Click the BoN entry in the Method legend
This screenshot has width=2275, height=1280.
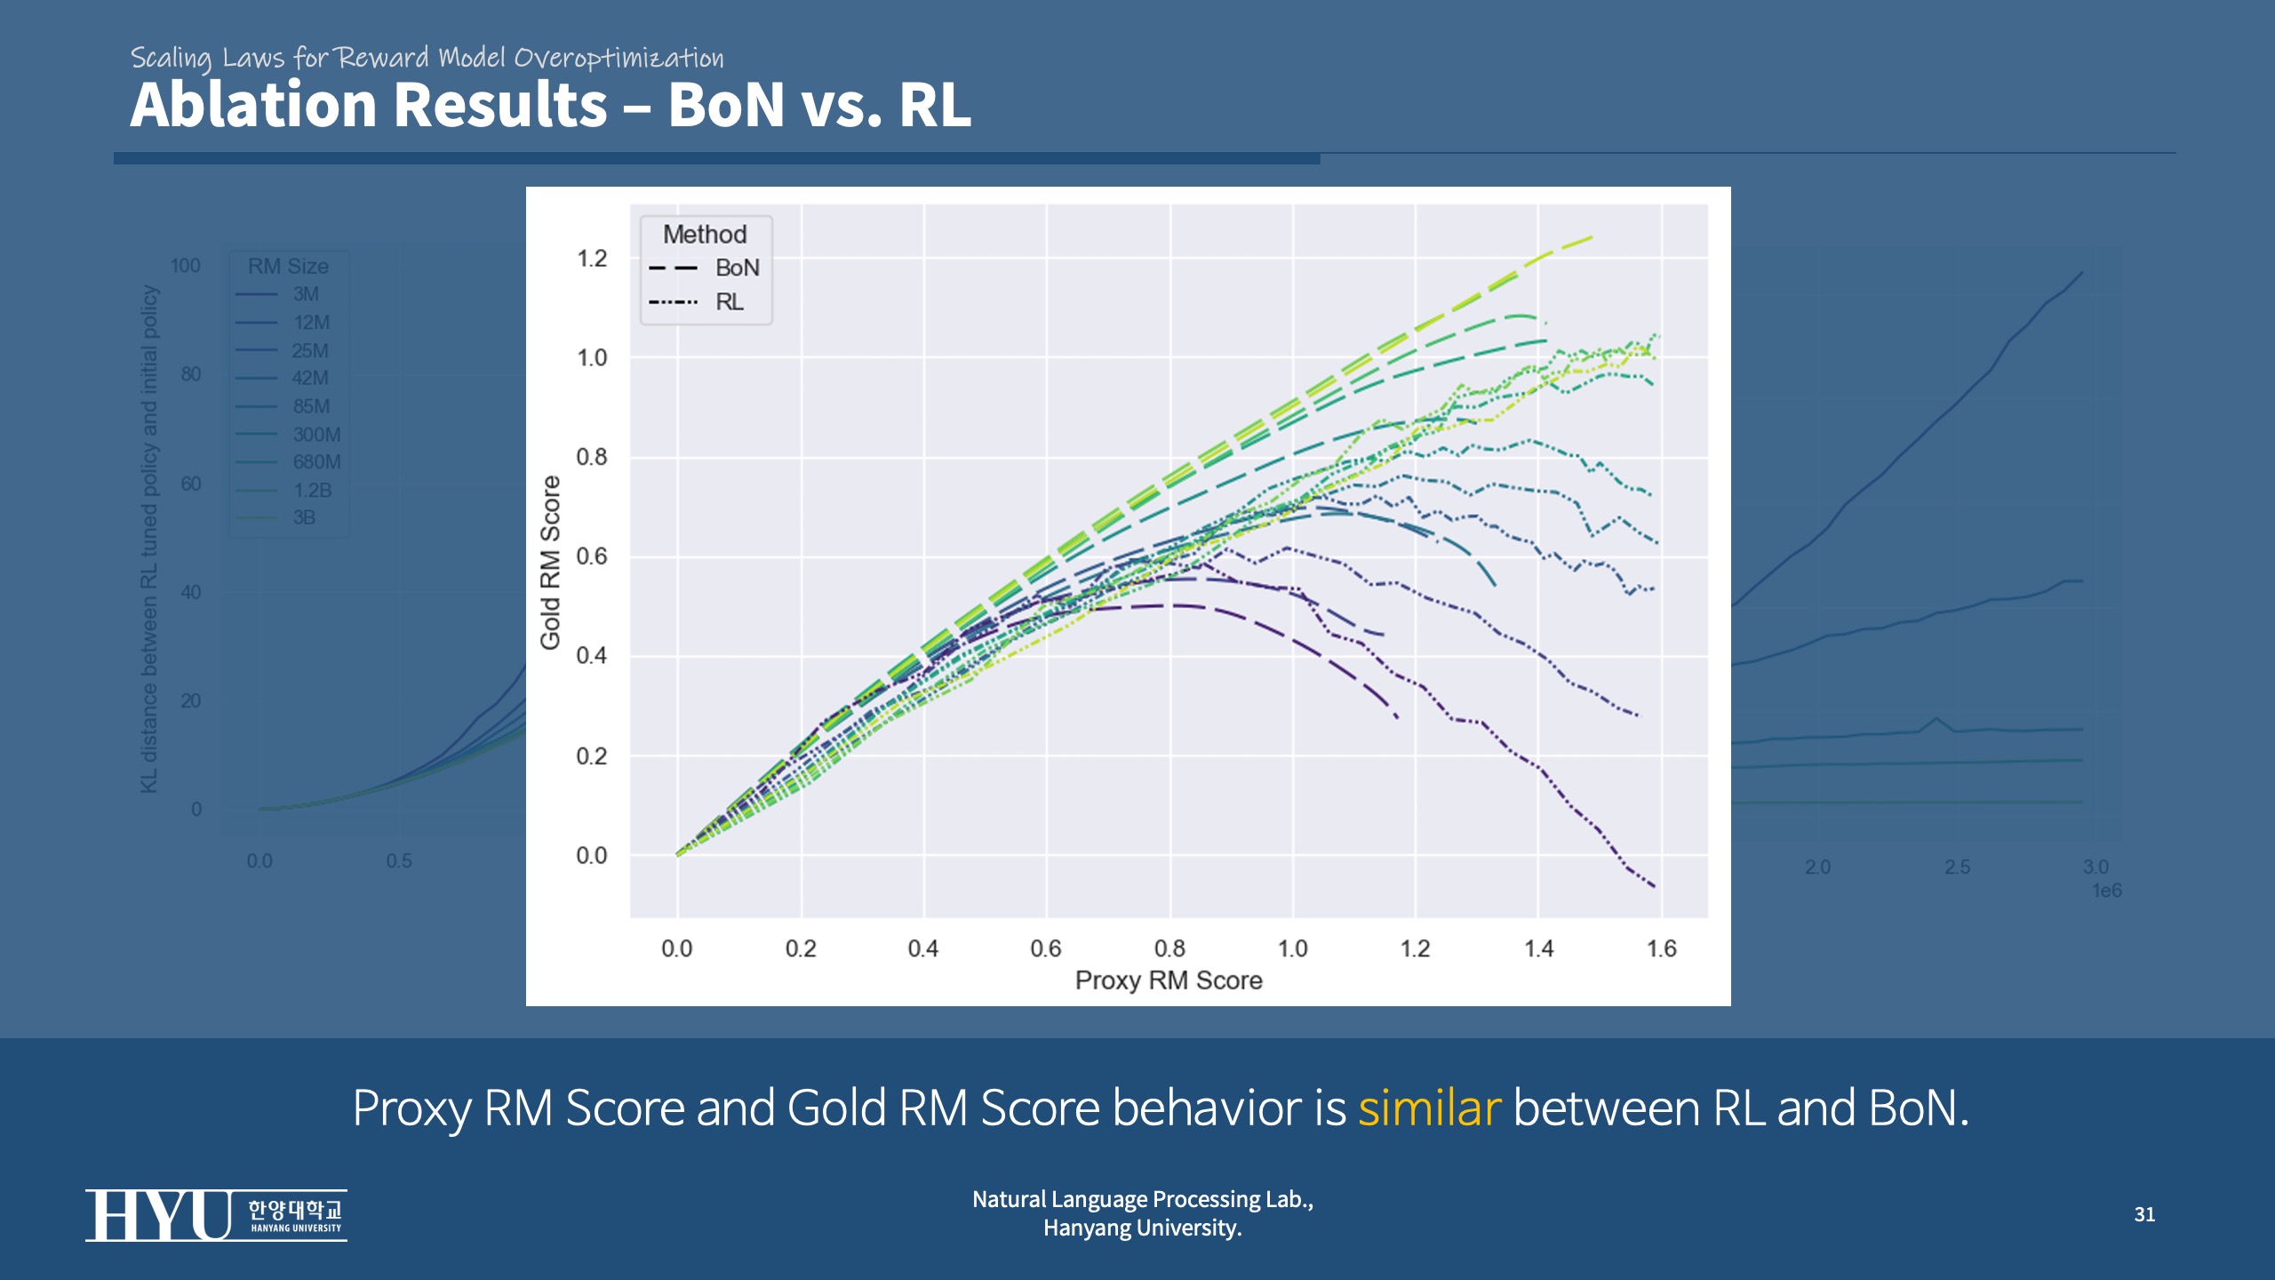point(737,268)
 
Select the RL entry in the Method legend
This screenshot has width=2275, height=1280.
point(730,302)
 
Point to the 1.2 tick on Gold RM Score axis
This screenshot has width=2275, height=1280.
point(592,259)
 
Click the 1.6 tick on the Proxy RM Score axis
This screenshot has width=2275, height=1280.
point(1661,948)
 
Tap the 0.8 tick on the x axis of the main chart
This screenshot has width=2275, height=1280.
point(1169,948)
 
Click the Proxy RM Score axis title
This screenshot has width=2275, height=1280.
point(1169,980)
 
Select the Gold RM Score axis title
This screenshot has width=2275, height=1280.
point(551,562)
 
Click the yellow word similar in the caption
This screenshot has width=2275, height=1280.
point(1429,1108)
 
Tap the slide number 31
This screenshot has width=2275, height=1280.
point(2144,1214)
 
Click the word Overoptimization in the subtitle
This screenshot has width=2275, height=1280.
point(619,58)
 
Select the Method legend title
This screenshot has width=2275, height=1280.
point(705,234)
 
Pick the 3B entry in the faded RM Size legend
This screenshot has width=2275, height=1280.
point(304,517)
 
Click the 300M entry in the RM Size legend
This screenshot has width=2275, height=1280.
point(316,435)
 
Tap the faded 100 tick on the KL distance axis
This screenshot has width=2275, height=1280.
point(186,266)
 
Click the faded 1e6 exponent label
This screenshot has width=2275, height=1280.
point(2106,891)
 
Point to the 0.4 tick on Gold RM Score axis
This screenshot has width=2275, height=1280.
point(592,656)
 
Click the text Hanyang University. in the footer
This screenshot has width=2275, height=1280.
point(1143,1228)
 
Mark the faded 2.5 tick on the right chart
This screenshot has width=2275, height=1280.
point(1957,867)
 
